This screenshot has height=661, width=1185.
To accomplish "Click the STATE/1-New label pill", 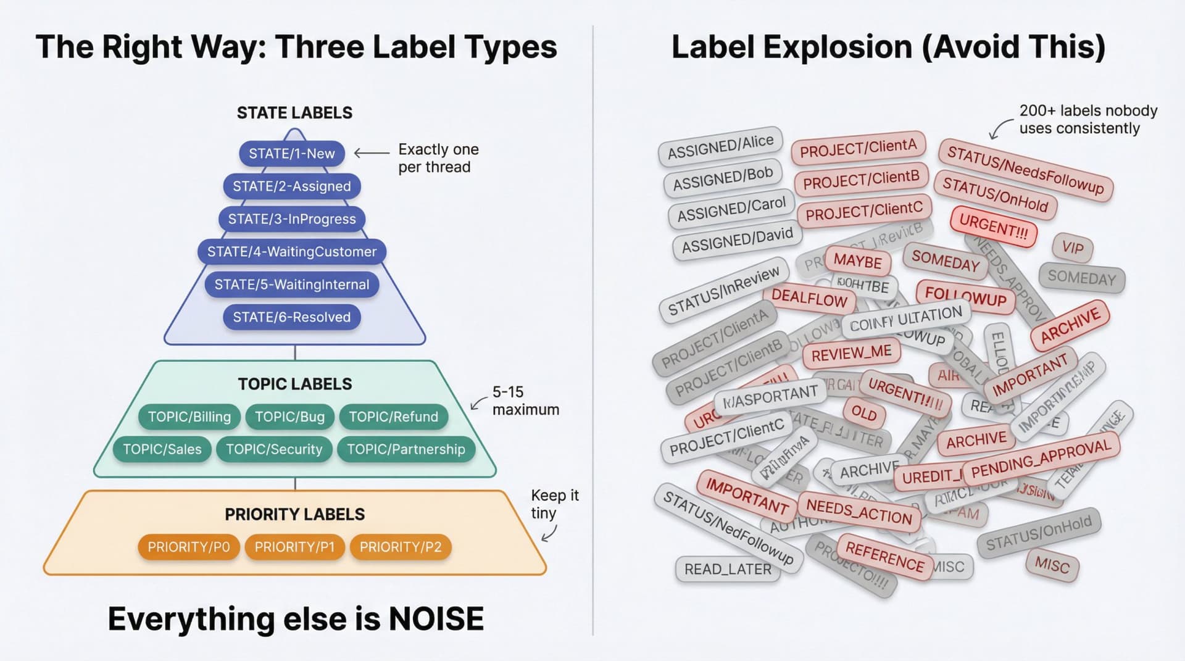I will pos(291,154).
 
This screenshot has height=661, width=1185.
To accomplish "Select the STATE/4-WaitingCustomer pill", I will pos(291,252).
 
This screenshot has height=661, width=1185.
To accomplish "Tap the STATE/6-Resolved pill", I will pos(291,317).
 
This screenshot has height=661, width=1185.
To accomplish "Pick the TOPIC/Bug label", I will pos(289,417).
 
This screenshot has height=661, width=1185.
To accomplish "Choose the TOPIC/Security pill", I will pos(274,449).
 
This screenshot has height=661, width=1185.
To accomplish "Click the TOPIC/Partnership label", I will pos(405,449).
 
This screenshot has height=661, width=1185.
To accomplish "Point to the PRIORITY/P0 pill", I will pos(188,547).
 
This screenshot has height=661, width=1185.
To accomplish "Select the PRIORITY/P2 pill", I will pos(401,547).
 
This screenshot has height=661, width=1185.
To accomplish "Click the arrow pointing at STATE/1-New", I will pos(371,153).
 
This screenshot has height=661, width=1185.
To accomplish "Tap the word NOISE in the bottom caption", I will pos(436,619).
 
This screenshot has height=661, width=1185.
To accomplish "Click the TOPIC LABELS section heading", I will pos(295,384).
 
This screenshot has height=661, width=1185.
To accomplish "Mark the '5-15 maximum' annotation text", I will pos(525,401).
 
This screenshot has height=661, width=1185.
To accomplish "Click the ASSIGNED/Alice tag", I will pos(720,146).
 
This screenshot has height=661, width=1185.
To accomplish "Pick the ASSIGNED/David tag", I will pos(737,239).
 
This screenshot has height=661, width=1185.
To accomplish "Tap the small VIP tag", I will pos(1073,247).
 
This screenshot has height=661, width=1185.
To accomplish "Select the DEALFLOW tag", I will pos(809,298).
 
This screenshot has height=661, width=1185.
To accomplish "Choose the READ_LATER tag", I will pos(728,569).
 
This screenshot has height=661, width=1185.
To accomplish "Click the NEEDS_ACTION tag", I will pos(859,512).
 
